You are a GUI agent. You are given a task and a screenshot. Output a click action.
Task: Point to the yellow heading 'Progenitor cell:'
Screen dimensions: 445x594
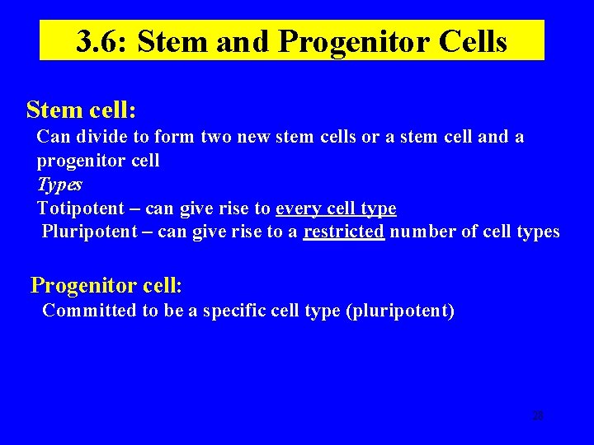(106, 286)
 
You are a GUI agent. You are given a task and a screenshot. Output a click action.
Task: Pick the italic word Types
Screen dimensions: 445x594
(59, 185)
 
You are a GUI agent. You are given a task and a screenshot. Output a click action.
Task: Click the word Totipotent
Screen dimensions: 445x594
(77, 208)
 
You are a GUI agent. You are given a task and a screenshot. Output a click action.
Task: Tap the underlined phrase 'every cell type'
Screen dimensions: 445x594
(336, 208)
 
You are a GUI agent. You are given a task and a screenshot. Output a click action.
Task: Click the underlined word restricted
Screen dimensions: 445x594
(343, 232)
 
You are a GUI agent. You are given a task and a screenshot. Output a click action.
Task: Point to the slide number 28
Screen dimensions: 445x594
(538, 416)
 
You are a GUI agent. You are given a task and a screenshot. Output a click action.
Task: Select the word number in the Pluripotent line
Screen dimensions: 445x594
(422, 232)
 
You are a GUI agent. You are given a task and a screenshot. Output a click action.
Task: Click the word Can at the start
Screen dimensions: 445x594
(53, 137)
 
